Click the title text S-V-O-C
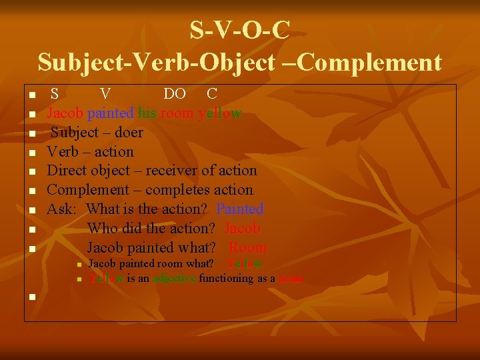point(239,30)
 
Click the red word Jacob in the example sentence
point(65,113)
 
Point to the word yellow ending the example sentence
point(222,113)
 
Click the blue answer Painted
point(240,209)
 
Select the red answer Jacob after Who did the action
point(243,229)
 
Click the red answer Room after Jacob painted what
point(248,248)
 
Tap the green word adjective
point(174,278)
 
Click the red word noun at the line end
point(291,278)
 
